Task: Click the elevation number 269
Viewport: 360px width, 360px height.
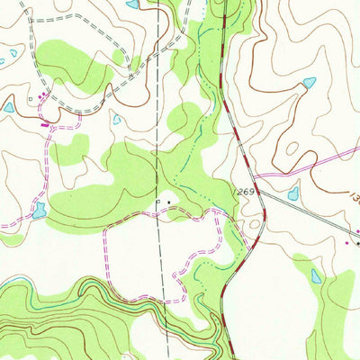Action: [247, 193]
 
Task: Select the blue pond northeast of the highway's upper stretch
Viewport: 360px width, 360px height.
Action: [310, 83]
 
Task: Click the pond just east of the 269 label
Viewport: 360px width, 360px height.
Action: [293, 193]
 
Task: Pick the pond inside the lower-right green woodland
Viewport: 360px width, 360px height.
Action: [315, 275]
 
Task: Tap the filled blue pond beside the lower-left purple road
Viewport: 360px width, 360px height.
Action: [38, 211]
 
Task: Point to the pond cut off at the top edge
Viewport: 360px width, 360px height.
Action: [133, 4]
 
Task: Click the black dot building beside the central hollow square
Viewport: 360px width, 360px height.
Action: [167, 202]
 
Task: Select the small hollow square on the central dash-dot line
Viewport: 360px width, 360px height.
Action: [158, 202]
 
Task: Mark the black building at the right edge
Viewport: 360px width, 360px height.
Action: [357, 243]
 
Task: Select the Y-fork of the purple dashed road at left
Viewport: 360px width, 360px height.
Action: [55, 127]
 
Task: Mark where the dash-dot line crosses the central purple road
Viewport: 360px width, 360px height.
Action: [158, 217]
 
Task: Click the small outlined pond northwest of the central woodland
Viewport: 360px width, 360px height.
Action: [117, 119]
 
